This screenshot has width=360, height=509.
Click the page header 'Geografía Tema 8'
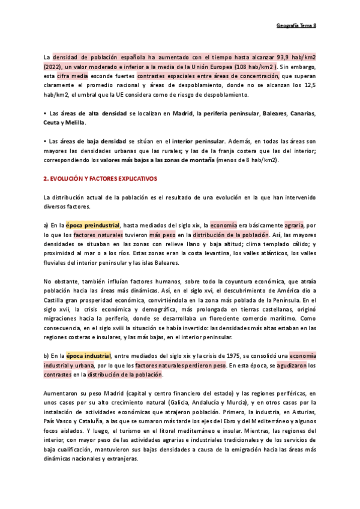coord(300,25)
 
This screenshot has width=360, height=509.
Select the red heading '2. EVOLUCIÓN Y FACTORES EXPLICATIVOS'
coord(100,179)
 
